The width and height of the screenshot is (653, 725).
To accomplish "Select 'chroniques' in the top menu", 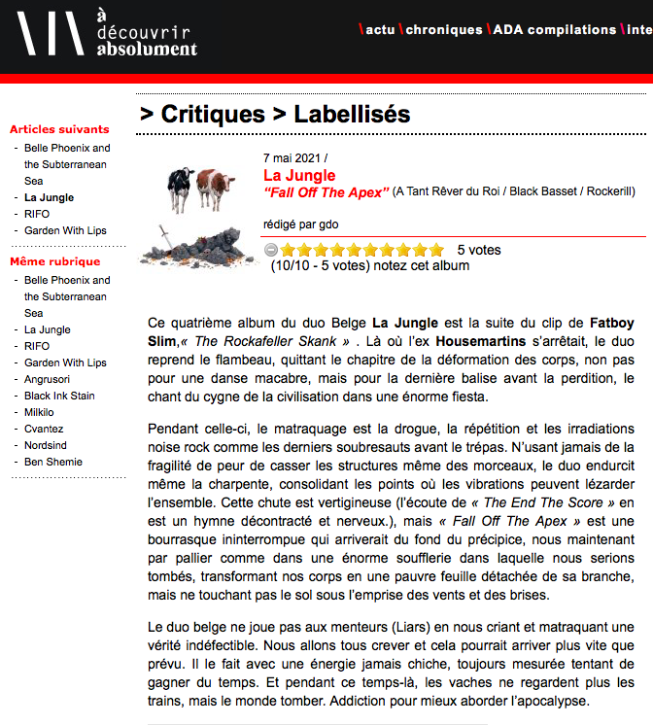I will point(443,30).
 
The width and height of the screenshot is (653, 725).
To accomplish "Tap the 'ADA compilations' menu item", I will point(554,30).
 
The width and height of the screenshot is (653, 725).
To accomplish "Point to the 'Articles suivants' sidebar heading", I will point(59,129).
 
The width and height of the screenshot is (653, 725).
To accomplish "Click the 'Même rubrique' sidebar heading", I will point(54,261).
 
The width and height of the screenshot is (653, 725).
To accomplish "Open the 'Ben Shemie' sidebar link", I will point(52,462).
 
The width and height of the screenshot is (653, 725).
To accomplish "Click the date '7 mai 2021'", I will point(292,157).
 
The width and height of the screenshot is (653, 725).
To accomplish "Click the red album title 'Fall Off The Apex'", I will point(326,192).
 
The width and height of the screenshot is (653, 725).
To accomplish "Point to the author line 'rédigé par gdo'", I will point(300,224).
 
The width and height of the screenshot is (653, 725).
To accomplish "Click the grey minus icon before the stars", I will point(271,250).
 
